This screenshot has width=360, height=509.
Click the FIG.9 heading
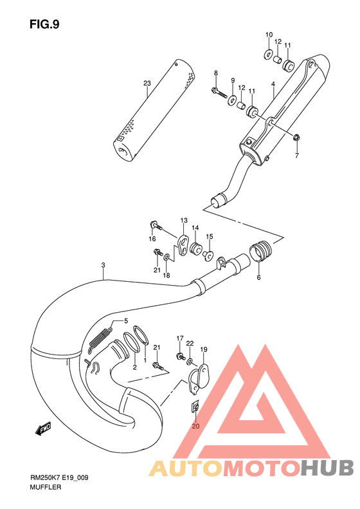click(44, 24)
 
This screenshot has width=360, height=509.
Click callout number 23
click(147, 84)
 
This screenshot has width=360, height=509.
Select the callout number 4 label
click(273, 84)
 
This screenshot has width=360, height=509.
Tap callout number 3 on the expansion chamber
click(103, 266)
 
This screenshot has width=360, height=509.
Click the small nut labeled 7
click(297, 138)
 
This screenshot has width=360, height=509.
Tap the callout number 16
click(152, 239)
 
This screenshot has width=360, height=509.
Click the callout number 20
click(196, 425)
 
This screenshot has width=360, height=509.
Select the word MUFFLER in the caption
click(45, 488)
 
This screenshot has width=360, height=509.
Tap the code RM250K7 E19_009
click(57, 477)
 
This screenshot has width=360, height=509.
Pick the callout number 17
click(181, 338)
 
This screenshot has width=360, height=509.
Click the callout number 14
click(194, 228)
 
